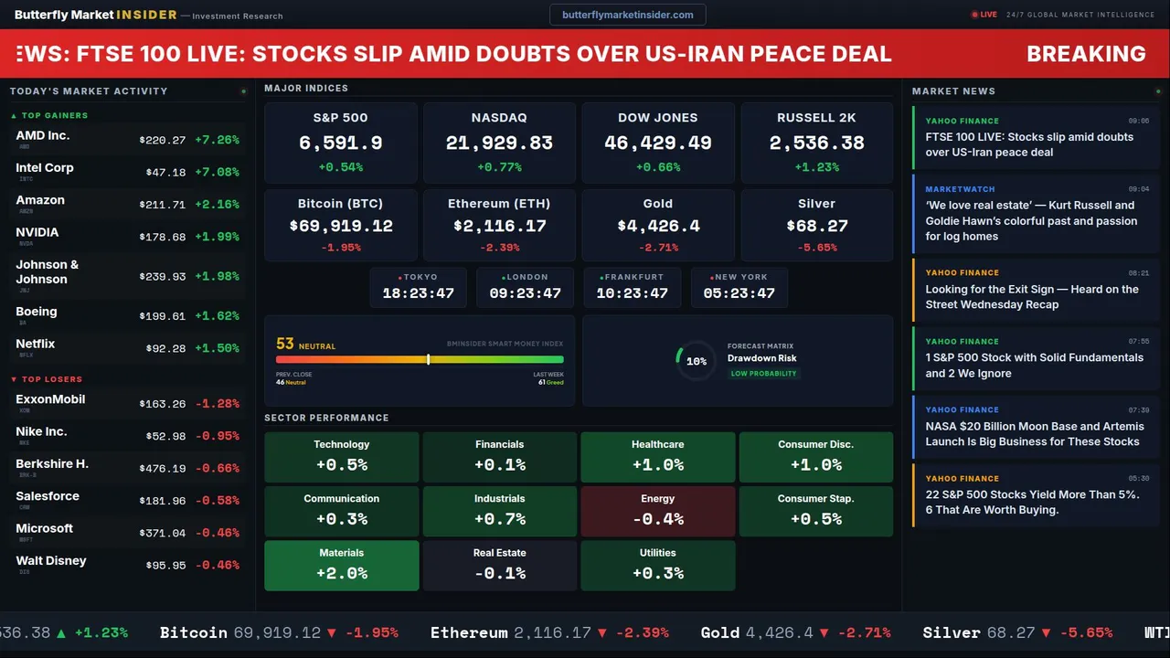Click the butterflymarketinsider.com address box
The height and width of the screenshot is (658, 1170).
[x=627, y=15]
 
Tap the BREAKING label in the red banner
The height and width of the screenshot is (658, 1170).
[x=1086, y=54]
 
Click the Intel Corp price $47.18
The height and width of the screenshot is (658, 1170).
[x=165, y=172]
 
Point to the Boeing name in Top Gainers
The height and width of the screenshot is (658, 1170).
[x=37, y=312]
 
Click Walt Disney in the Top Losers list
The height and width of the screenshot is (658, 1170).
[x=51, y=560]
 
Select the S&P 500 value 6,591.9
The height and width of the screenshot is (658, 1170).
[x=341, y=143]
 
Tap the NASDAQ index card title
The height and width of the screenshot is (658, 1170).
[x=499, y=118]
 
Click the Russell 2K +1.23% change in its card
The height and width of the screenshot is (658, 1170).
[x=816, y=167]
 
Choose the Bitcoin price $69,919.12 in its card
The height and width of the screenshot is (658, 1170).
[x=341, y=226]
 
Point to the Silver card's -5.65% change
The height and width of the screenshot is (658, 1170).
[x=816, y=248]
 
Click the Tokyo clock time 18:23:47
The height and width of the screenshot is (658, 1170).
[x=418, y=293]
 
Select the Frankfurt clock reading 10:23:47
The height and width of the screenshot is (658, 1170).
[x=632, y=293]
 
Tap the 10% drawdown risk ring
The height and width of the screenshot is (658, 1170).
[x=696, y=361]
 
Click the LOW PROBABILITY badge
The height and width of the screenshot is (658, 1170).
[x=763, y=374]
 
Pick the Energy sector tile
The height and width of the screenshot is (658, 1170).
[x=657, y=511]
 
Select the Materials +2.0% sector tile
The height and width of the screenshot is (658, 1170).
[x=341, y=565]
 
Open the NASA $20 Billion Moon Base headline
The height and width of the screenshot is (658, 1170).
[x=1033, y=433]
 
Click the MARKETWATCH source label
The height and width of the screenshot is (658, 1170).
[x=960, y=189]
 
